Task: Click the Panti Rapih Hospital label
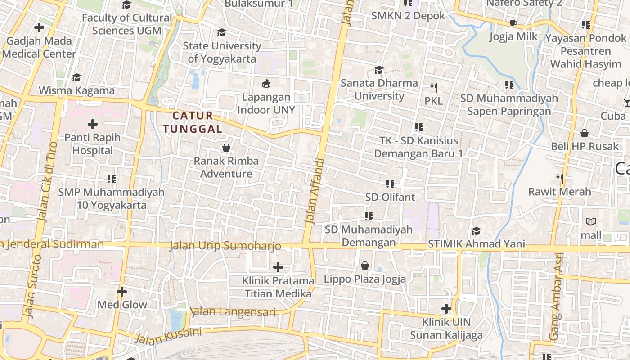pos(93,144)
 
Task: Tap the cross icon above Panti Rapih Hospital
pos(93,124)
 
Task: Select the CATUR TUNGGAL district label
pos(193,122)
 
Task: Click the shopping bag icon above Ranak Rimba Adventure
pos(226,148)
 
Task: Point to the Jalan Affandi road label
pos(315,191)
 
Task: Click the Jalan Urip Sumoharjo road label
pos(225,246)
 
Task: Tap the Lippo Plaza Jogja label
pos(365,279)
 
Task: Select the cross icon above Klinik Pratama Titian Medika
pos(278,267)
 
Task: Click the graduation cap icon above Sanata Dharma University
pos(379,70)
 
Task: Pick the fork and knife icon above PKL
pos(434,87)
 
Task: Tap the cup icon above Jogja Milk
pos(513,23)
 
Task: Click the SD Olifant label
pos(390,197)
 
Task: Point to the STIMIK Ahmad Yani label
pos(477,244)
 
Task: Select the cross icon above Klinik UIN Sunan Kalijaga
pos(446,309)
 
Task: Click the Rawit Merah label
pos(559,192)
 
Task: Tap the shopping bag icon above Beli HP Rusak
pos(585,133)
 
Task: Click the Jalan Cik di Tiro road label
pos(47,182)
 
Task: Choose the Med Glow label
pos(122,305)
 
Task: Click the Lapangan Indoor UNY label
pos(266,103)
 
